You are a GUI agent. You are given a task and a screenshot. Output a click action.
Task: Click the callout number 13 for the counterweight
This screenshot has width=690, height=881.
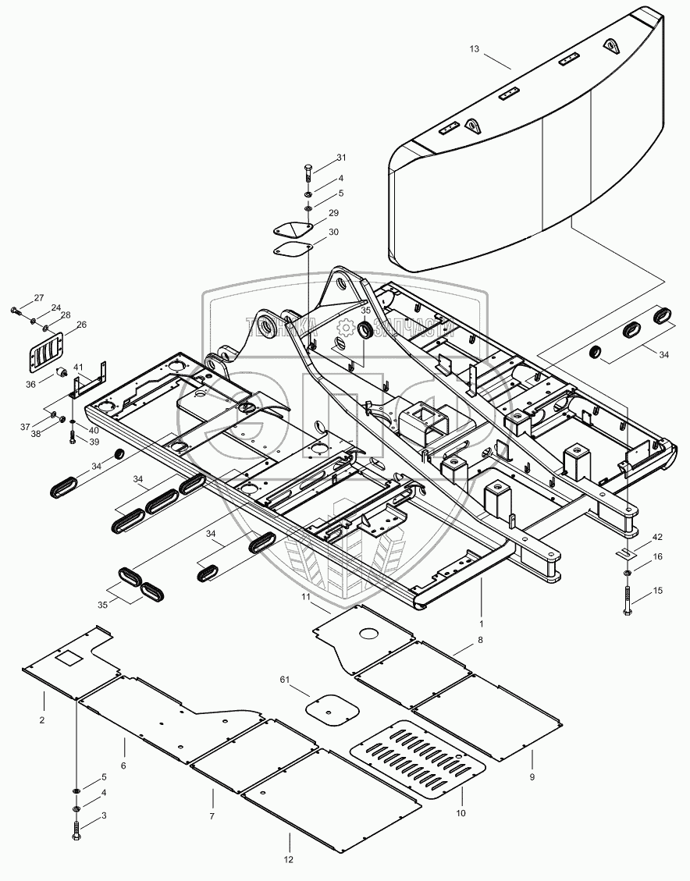click(x=474, y=49)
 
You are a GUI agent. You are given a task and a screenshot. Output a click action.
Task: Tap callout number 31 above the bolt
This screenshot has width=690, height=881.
click(x=341, y=158)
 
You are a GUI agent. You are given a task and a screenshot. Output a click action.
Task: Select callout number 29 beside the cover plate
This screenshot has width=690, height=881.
click(x=333, y=213)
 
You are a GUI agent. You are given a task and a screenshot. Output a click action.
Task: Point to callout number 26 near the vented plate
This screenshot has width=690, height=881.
click(x=81, y=325)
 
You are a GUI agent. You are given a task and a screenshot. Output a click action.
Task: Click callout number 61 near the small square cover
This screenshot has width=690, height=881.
click(x=285, y=681)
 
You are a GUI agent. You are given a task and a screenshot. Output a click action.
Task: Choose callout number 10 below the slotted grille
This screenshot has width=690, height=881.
click(x=461, y=813)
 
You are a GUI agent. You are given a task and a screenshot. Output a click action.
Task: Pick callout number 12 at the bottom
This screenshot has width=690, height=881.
click(x=289, y=859)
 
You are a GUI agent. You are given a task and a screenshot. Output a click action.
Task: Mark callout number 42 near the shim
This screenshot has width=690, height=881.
click(x=657, y=538)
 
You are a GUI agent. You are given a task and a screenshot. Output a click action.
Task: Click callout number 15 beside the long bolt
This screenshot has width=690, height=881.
click(x=657, y=591)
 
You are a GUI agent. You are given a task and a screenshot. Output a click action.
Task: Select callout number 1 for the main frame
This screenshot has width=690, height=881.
click(x=482, y=623)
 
